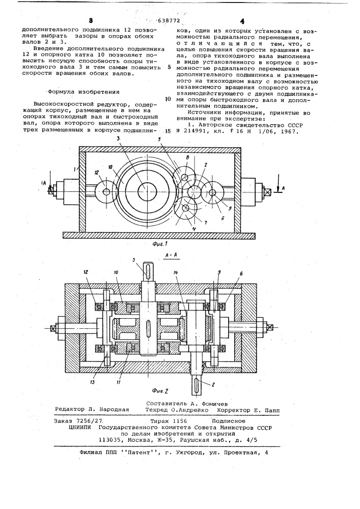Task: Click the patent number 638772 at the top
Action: tap(169, 21)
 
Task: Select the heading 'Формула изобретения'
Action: tap(84, 92)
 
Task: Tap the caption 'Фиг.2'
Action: tap(159, 391)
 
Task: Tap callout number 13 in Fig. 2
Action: tap(93, 382)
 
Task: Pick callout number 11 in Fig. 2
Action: tap(119, 382)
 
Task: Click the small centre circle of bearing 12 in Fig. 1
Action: tap(106, 192)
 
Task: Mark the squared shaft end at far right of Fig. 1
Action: tap(268, 191)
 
